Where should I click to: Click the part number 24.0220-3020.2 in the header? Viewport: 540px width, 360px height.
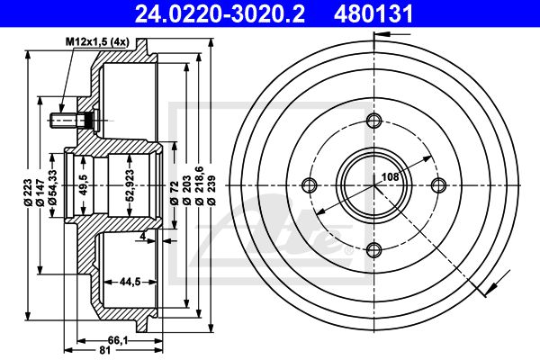[220, 13]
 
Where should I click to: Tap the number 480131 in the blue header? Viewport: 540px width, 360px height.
[373, 13]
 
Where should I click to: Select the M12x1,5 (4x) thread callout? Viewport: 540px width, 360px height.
[97, 42]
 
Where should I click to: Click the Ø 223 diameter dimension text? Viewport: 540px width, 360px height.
[28, 193]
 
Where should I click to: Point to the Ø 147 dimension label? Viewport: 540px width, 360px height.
[40, 193]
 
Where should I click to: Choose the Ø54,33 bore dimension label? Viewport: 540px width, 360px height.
[53, 188]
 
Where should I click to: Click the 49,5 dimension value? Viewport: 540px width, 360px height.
[84, 184]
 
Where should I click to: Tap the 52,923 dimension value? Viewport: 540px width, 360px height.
[130, 185]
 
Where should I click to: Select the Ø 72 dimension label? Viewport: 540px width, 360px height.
[175, 193]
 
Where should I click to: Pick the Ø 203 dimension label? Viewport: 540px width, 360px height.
[186, 191]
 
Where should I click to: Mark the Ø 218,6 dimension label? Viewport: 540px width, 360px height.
[199, 186]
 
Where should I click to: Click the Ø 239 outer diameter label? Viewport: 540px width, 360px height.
[211, 191]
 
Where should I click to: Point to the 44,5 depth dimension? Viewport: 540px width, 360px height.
[130, 282]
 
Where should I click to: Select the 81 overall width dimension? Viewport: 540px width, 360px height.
[105, 350]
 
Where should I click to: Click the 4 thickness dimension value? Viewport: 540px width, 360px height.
[142, 237]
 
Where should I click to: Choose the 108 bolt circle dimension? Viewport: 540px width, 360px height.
[391, 176]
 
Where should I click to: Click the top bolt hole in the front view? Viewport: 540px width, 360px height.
[374, 121]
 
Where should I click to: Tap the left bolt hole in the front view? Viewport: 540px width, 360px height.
[310, 185]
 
